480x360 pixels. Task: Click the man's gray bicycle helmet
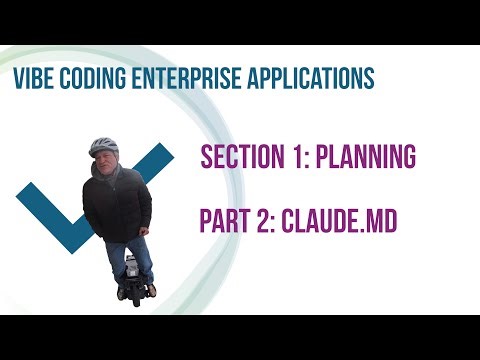point(103,146)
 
